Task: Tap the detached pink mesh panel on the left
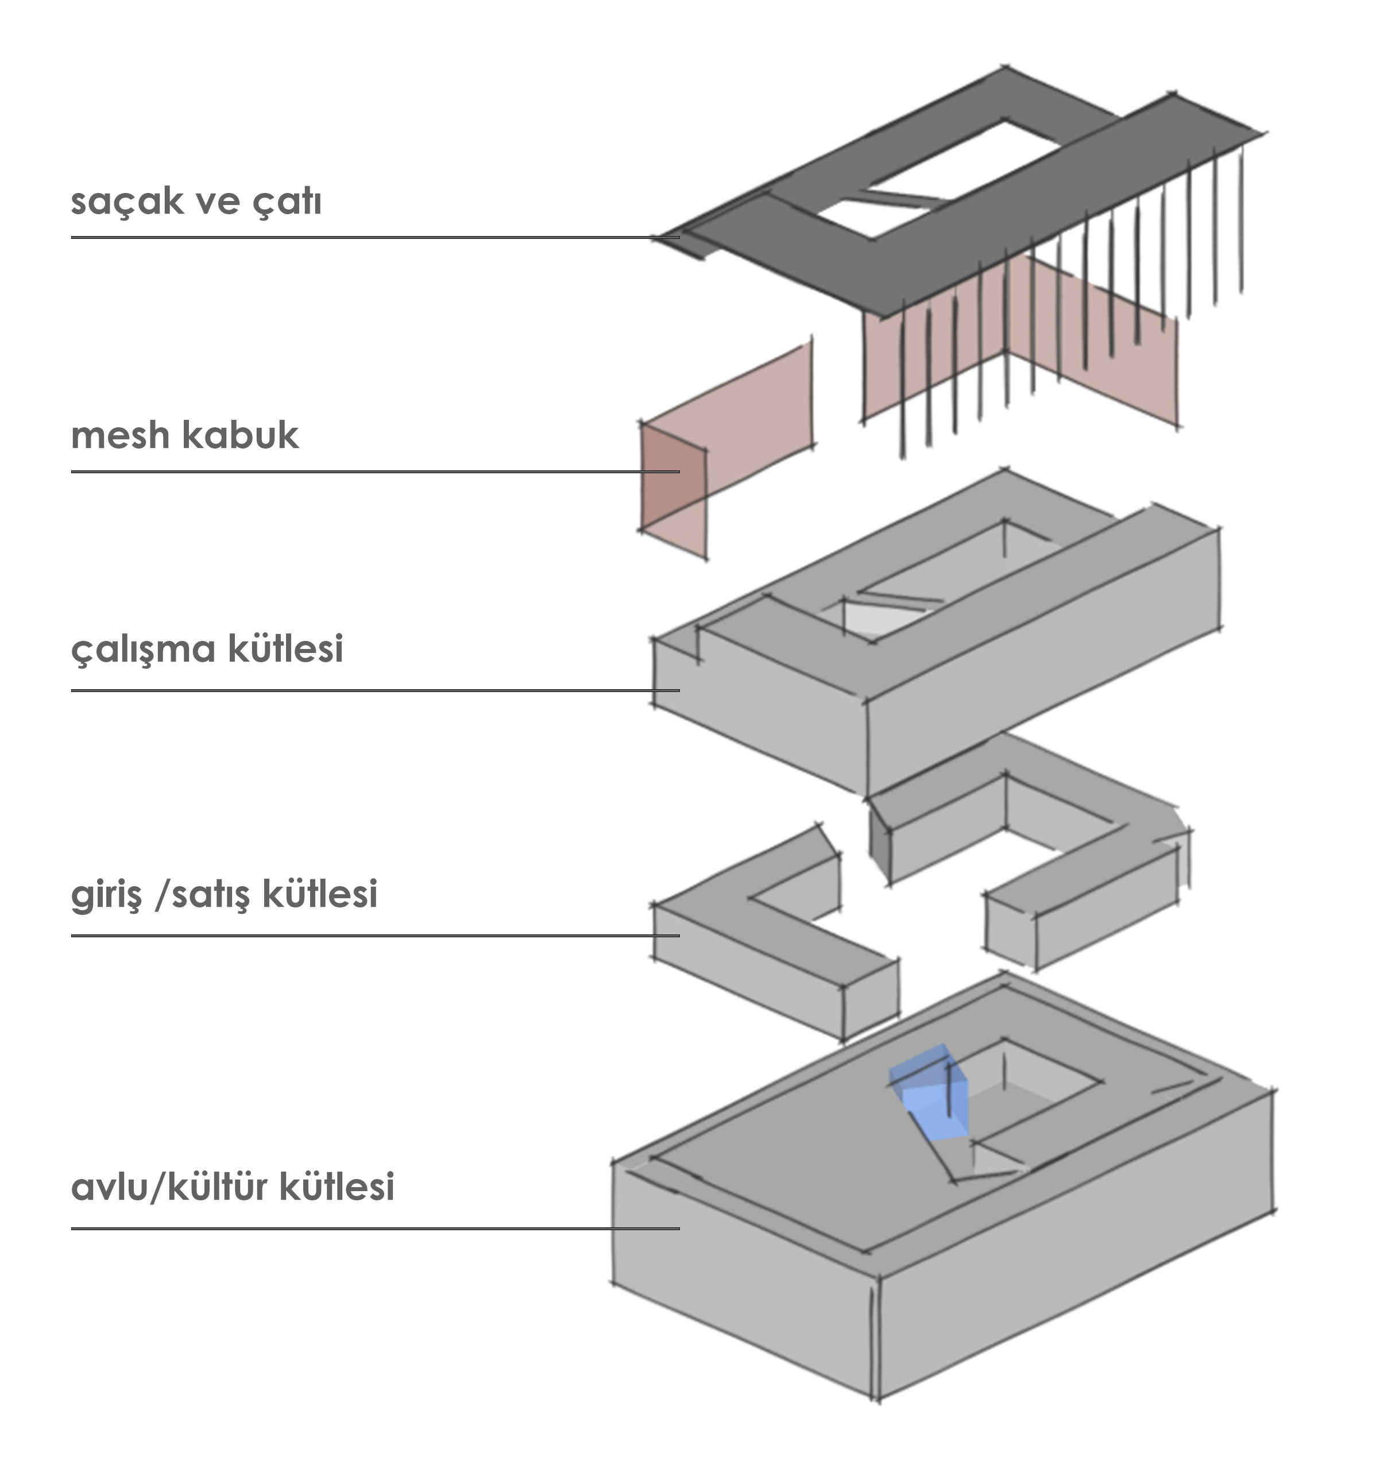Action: click(726, 447)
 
